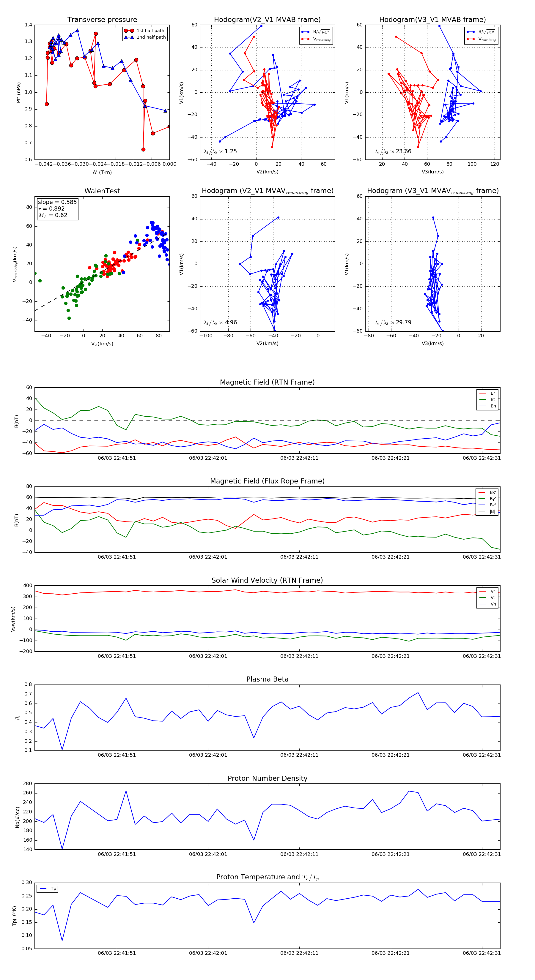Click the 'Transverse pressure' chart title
[102, 20]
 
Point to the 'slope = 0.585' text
[57, 202]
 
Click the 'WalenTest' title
[102, 191]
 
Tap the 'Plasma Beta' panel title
[267, 679]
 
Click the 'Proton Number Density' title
[267, 778]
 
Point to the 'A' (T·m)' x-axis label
[102, 172]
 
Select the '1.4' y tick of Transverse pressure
[29, 25]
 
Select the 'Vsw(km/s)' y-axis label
[13, 619]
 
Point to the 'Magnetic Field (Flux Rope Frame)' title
[267, 481]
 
